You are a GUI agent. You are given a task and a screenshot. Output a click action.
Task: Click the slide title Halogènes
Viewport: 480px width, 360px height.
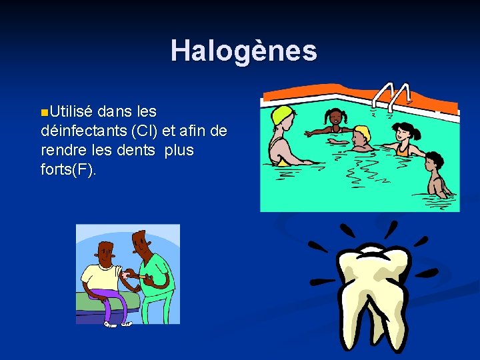[x=243, y=51]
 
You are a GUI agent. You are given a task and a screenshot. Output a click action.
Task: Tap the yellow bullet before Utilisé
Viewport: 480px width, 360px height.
[x=44, y=110]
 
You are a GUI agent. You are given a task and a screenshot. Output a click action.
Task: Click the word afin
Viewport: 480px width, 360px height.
[x=195, y=130]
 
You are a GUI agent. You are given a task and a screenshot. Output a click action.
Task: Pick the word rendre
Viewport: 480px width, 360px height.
[x=63, y=150]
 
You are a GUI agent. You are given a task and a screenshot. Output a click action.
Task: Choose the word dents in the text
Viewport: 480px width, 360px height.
[x=135, y=150]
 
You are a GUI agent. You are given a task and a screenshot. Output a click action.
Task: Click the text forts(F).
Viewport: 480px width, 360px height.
[x=68, y=170]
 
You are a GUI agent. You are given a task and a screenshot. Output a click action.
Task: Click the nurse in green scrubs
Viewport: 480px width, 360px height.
[x=152, y=273]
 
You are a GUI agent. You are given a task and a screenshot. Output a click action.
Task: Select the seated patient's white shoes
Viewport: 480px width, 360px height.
[x=118, y=324]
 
